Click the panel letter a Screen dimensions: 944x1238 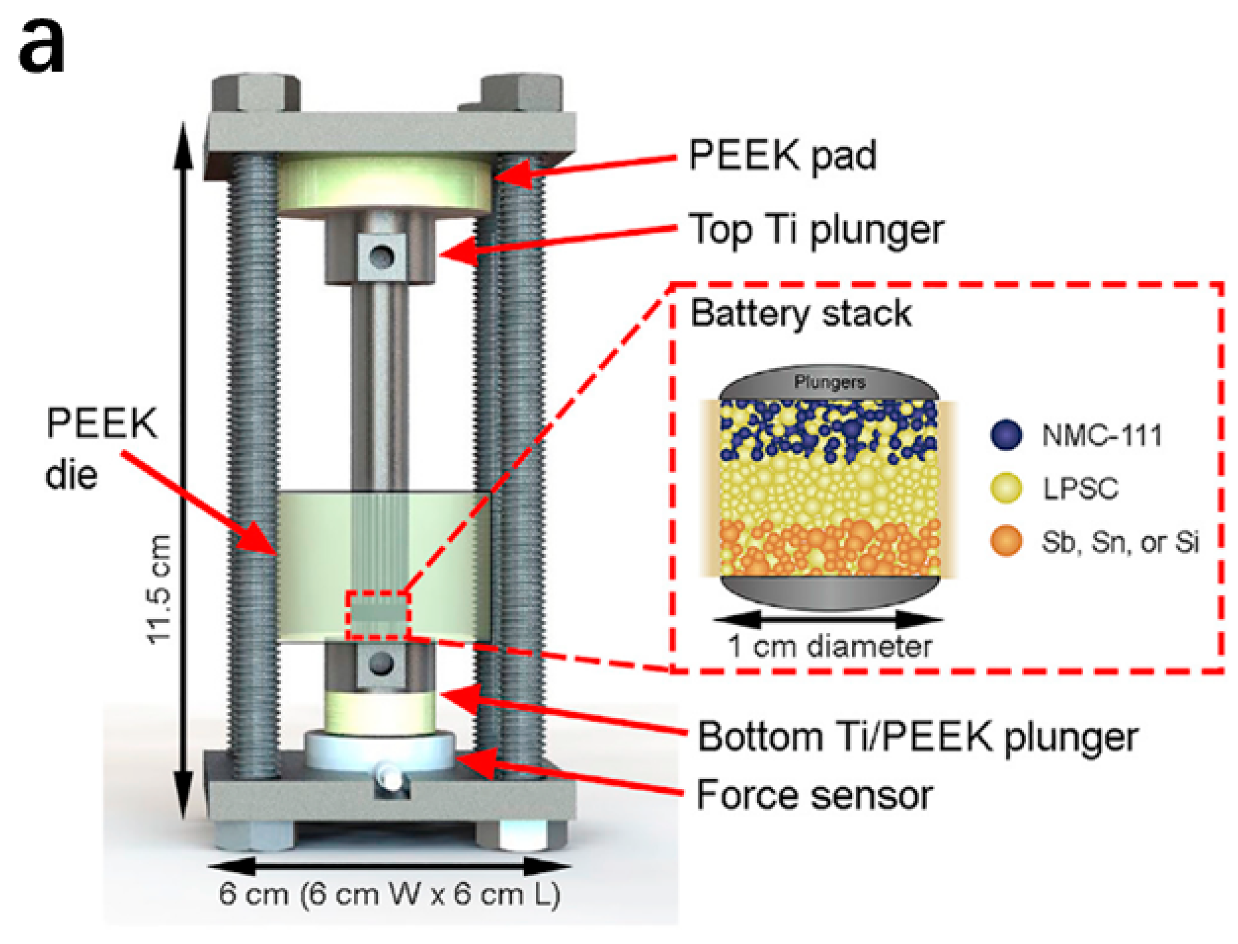[x=42, y=48]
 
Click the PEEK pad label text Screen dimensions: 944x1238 [x=782, y=155]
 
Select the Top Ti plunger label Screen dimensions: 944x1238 [x=817, y=229]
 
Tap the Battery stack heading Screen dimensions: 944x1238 [x=801, y=313]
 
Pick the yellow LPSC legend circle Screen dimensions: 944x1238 [x=1006, y=488]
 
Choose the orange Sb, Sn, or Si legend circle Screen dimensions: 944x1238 [x=1006, y=541]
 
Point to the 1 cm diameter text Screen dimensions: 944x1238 [x=830, y=646]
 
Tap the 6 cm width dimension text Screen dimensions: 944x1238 [x=389, y=894]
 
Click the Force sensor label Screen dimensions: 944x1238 [x=814, y=796]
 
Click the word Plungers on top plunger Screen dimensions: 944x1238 [x=830, y=383]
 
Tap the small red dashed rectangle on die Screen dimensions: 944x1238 [x=378, y=615]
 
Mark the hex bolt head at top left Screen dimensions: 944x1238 [x=255, y=93]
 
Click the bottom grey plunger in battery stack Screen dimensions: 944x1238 [x=829, y=592]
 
